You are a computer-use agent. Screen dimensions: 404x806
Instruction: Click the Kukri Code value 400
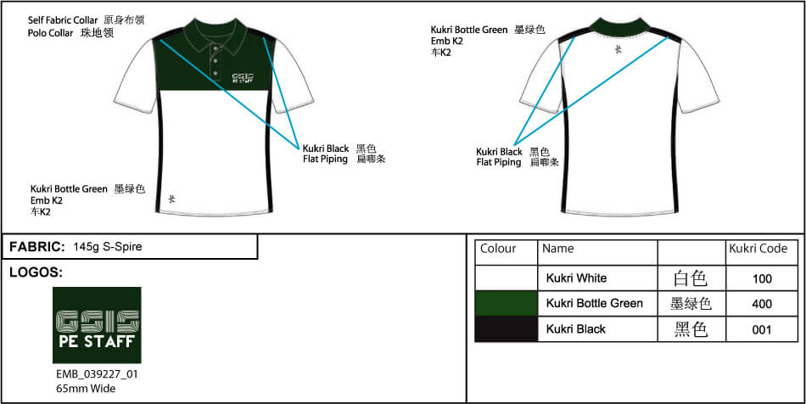[x=762, y=303]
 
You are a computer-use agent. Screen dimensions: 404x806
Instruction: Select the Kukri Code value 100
[x=762, y=278]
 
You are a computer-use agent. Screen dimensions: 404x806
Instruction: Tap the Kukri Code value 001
[x=762, y=328]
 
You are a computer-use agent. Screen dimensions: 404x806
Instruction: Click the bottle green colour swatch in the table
[x=507, y=303]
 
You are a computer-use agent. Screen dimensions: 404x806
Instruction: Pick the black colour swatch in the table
[x=507, y=328]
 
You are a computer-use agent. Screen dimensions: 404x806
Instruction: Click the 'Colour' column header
[x=498, y=249]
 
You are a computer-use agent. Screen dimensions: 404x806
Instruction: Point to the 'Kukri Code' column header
[x=758, y=249]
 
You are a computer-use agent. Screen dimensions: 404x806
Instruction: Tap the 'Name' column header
[x=557, y=249]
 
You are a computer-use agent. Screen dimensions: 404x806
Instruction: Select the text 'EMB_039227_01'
[x=97, y=374]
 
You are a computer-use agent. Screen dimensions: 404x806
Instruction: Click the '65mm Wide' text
[x=86, y=389]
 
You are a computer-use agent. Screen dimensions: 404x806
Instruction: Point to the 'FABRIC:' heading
[x=37, y=247]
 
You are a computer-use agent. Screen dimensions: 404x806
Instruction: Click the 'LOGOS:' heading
[x=36, y=272]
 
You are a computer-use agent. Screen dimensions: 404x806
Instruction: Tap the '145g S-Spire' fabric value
[x=108, y=247]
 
